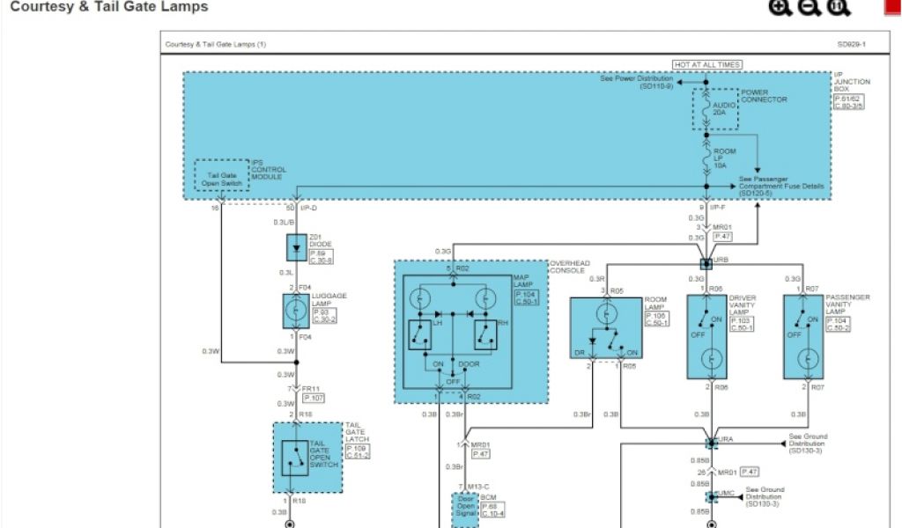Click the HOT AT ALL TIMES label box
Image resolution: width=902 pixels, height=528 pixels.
[706, 65]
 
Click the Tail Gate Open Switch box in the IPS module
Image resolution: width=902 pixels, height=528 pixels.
[222, 179]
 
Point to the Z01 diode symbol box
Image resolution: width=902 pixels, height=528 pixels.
[297, 248]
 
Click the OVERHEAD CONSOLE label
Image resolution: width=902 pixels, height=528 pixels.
[569, 266]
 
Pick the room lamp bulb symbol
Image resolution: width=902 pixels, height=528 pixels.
[605, 314]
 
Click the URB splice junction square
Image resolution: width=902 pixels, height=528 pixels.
[706, 263]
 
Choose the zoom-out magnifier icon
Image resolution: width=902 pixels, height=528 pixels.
[809, 8]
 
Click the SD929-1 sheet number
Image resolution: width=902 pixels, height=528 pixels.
[851, 44]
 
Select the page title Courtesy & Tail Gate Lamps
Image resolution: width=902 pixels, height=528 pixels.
[109, 7]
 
